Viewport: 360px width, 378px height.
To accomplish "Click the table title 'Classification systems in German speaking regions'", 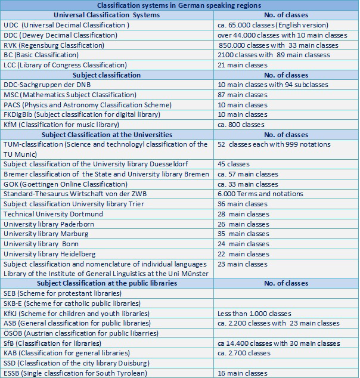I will click(179, 5).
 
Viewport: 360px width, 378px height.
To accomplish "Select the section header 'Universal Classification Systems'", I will click(107, 15).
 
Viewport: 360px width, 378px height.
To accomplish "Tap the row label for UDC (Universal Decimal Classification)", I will click(66, 25).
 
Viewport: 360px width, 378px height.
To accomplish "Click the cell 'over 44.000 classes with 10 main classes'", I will click(283, 35).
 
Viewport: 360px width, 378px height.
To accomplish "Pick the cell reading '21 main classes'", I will click(243, 65).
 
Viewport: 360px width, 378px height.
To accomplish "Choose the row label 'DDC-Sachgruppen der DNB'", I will click(50, 85).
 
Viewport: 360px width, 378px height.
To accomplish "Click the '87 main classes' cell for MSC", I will click(243, 95).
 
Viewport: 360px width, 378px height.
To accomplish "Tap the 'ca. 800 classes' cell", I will click(241, 125).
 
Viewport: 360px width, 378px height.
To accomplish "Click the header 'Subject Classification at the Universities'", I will click(107, 135).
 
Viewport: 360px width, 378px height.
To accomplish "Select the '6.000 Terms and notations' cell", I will click(260, 194).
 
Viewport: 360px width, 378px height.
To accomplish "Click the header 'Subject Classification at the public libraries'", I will click(107, 283).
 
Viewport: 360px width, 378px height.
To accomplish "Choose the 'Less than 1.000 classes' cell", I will click(255, 313).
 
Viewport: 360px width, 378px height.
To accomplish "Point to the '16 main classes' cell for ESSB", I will click(243, 373).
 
